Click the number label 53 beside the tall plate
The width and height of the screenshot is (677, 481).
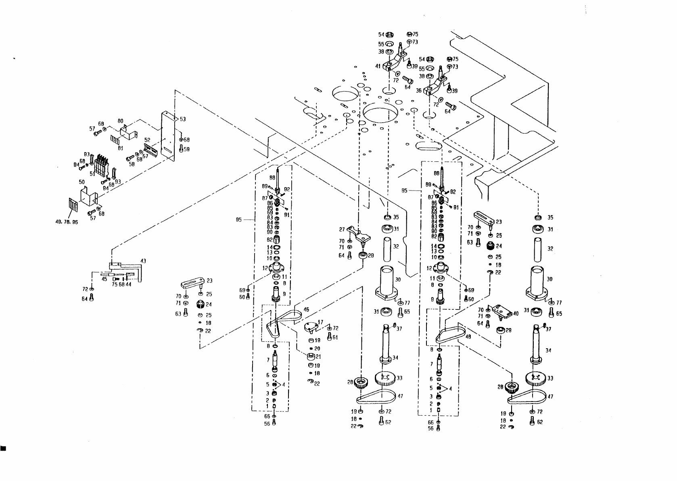tap(183, 119)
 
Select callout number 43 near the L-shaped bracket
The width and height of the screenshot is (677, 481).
tap(143, 261)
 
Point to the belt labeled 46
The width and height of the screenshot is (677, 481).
tap(306, 310)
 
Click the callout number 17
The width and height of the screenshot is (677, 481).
tap(321, 322)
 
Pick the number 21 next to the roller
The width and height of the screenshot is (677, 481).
tap(318, 356)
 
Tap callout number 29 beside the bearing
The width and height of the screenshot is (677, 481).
tap(371, 255)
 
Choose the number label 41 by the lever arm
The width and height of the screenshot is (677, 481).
tap(378, 66)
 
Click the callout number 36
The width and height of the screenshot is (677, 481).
tap(418, 91)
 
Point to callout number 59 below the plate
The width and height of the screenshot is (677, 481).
tap(187, 149)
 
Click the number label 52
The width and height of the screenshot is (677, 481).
tap(148, 140)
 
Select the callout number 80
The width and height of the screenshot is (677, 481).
tap(120, 121)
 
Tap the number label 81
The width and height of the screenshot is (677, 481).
tap(120, 148)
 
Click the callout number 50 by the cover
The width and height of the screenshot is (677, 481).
tap(81, 182)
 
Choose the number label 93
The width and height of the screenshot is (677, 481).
tap(118, 182)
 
